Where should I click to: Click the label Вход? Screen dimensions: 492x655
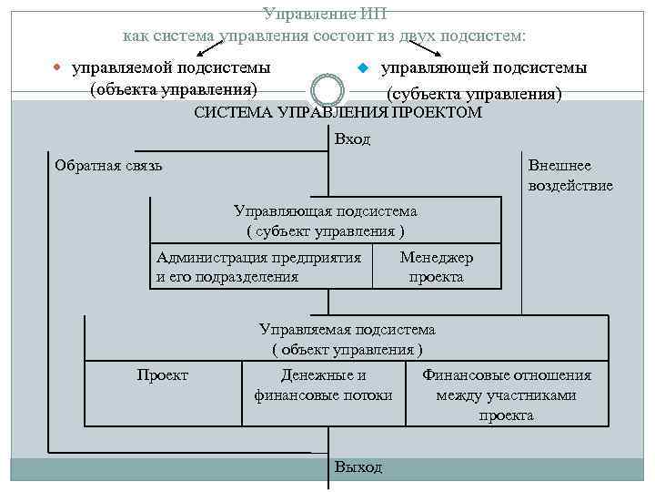[x=352, y=139]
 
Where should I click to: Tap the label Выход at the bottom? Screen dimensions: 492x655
[x=358, y=466]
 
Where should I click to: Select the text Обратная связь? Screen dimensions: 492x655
[x=108, y=165]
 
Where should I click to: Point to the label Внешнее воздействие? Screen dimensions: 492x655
[x=569, y=175]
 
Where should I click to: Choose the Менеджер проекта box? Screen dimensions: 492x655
[x=437, y=267]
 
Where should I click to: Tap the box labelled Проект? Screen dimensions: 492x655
[x=163, y=375]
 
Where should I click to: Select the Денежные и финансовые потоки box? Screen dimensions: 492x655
[x=323, y=385]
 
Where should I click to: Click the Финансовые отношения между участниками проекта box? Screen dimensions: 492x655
[x=506, y=395]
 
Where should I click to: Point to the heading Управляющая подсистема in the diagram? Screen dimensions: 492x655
[x=326, y=211]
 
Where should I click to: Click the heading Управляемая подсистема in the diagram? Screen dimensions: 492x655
[x=348, y=330]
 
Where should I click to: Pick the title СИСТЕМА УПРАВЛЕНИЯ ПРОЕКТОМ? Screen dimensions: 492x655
[x=338, y=114]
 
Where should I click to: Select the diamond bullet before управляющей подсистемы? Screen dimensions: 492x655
[x=361, y=68]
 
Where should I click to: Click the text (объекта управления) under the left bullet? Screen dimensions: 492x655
[x=173, y=89]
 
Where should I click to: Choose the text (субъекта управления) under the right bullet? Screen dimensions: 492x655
[x=474, y=94]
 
